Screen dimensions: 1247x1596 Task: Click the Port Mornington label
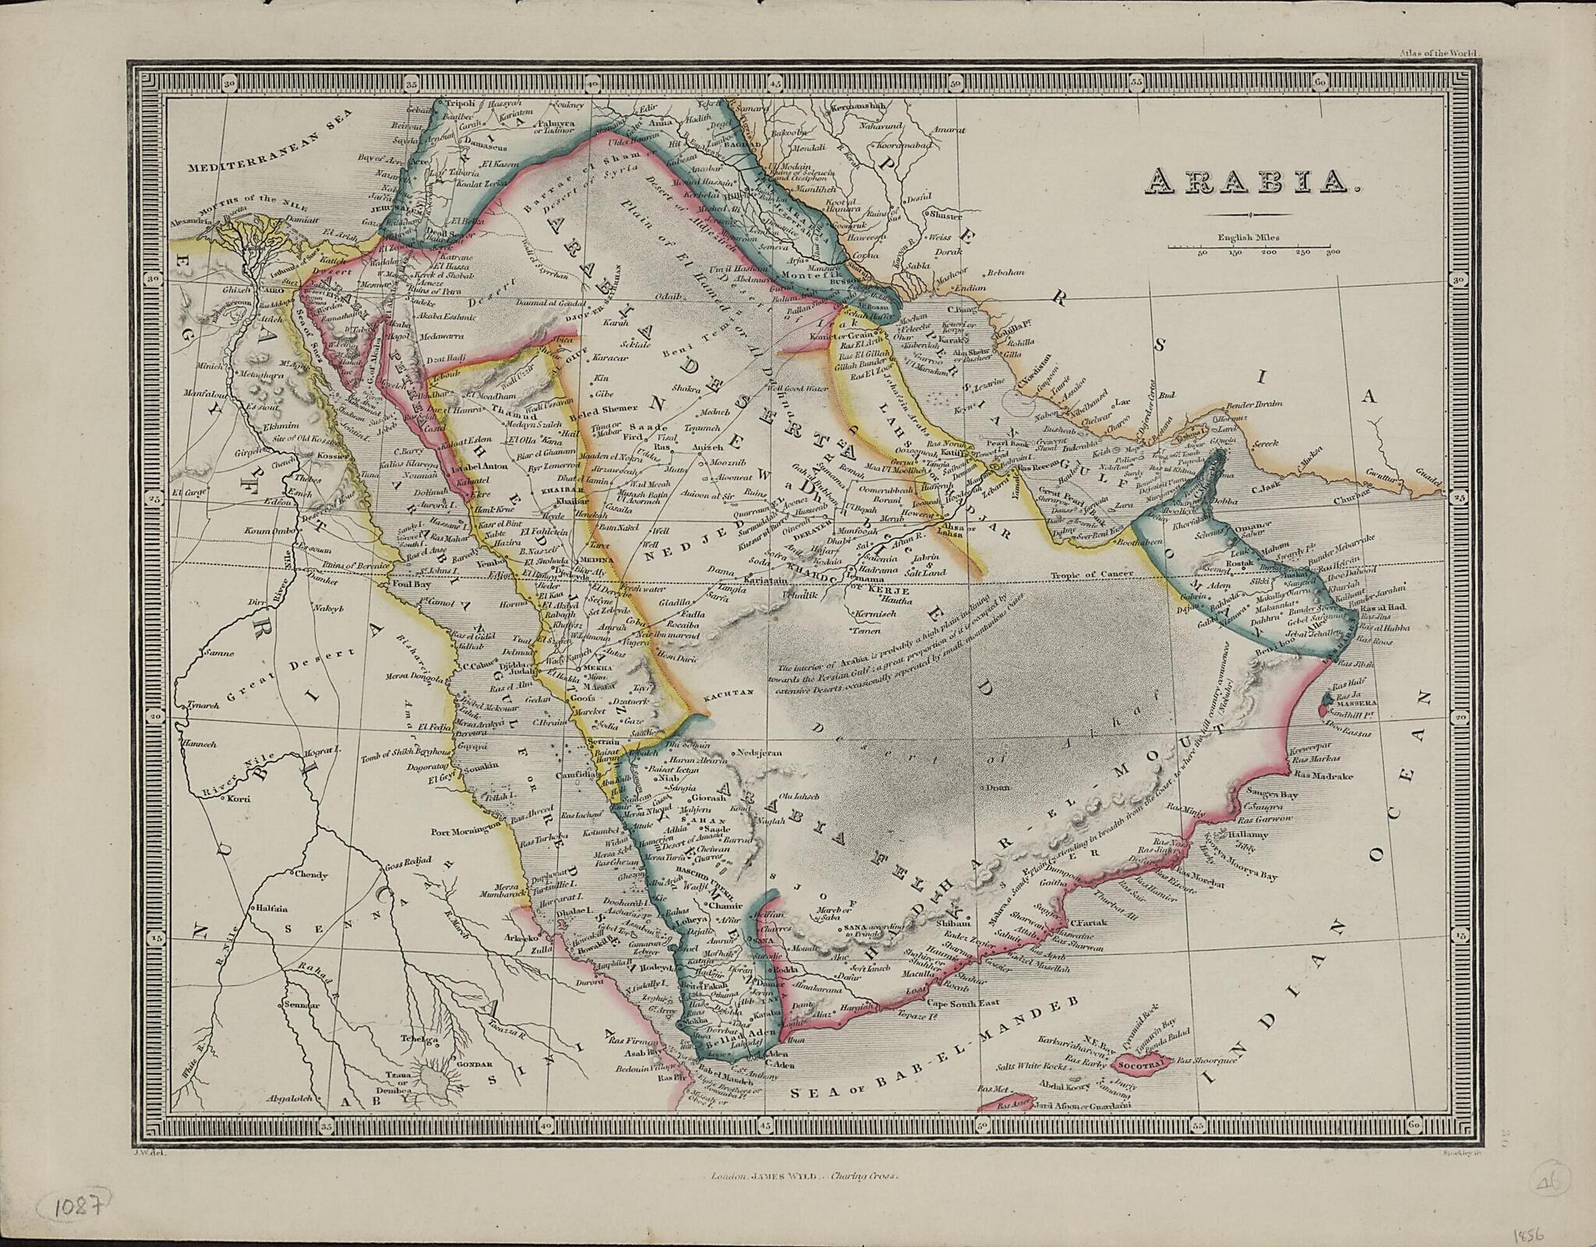tap(464, 830)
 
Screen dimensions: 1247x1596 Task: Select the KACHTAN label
tap(726, 692)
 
